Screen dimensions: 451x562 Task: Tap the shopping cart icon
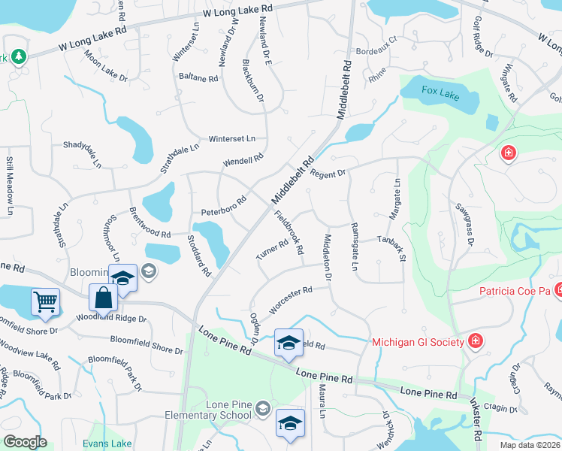45,302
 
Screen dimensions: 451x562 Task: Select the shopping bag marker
103,298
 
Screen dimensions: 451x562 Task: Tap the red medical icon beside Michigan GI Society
475,343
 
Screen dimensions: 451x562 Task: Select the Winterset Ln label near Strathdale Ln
232,139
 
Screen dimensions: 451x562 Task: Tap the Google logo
25,442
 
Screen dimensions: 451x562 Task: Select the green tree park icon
17,56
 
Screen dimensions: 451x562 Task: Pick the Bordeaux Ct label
376,52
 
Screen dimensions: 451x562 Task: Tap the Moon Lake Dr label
106,66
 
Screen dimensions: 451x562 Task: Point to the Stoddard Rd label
200,256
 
